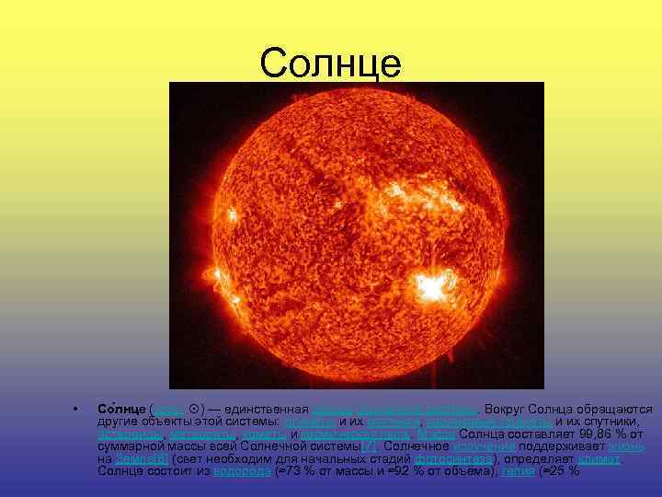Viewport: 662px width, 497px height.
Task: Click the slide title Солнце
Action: pos(330,64)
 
